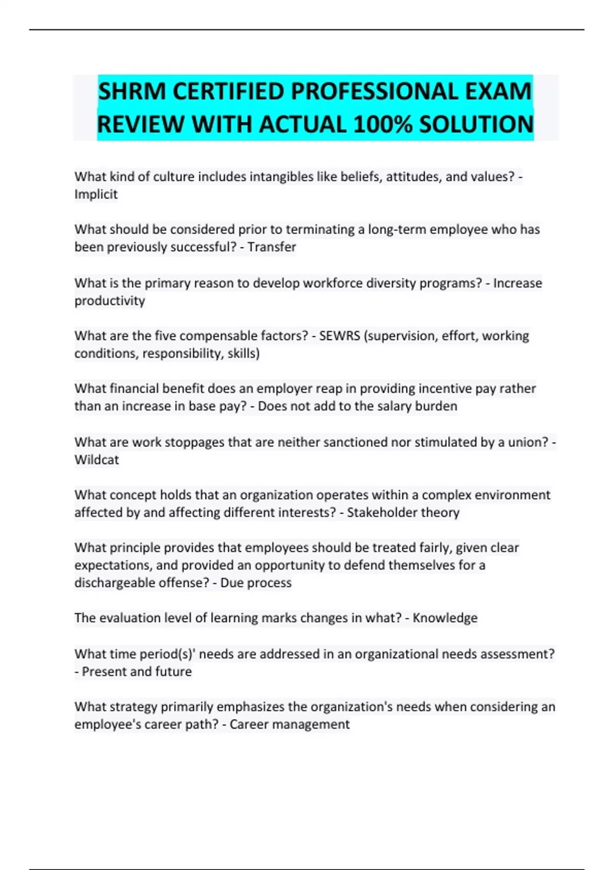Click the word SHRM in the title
click(133, 92)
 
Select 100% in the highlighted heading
click(382, 125)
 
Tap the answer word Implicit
click(96, 194)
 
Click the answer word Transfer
click(272, 247)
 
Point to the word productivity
click(109, 301)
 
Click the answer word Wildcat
click(97, 460)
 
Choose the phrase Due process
click(256, 583)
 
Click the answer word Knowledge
click(445, 618)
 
